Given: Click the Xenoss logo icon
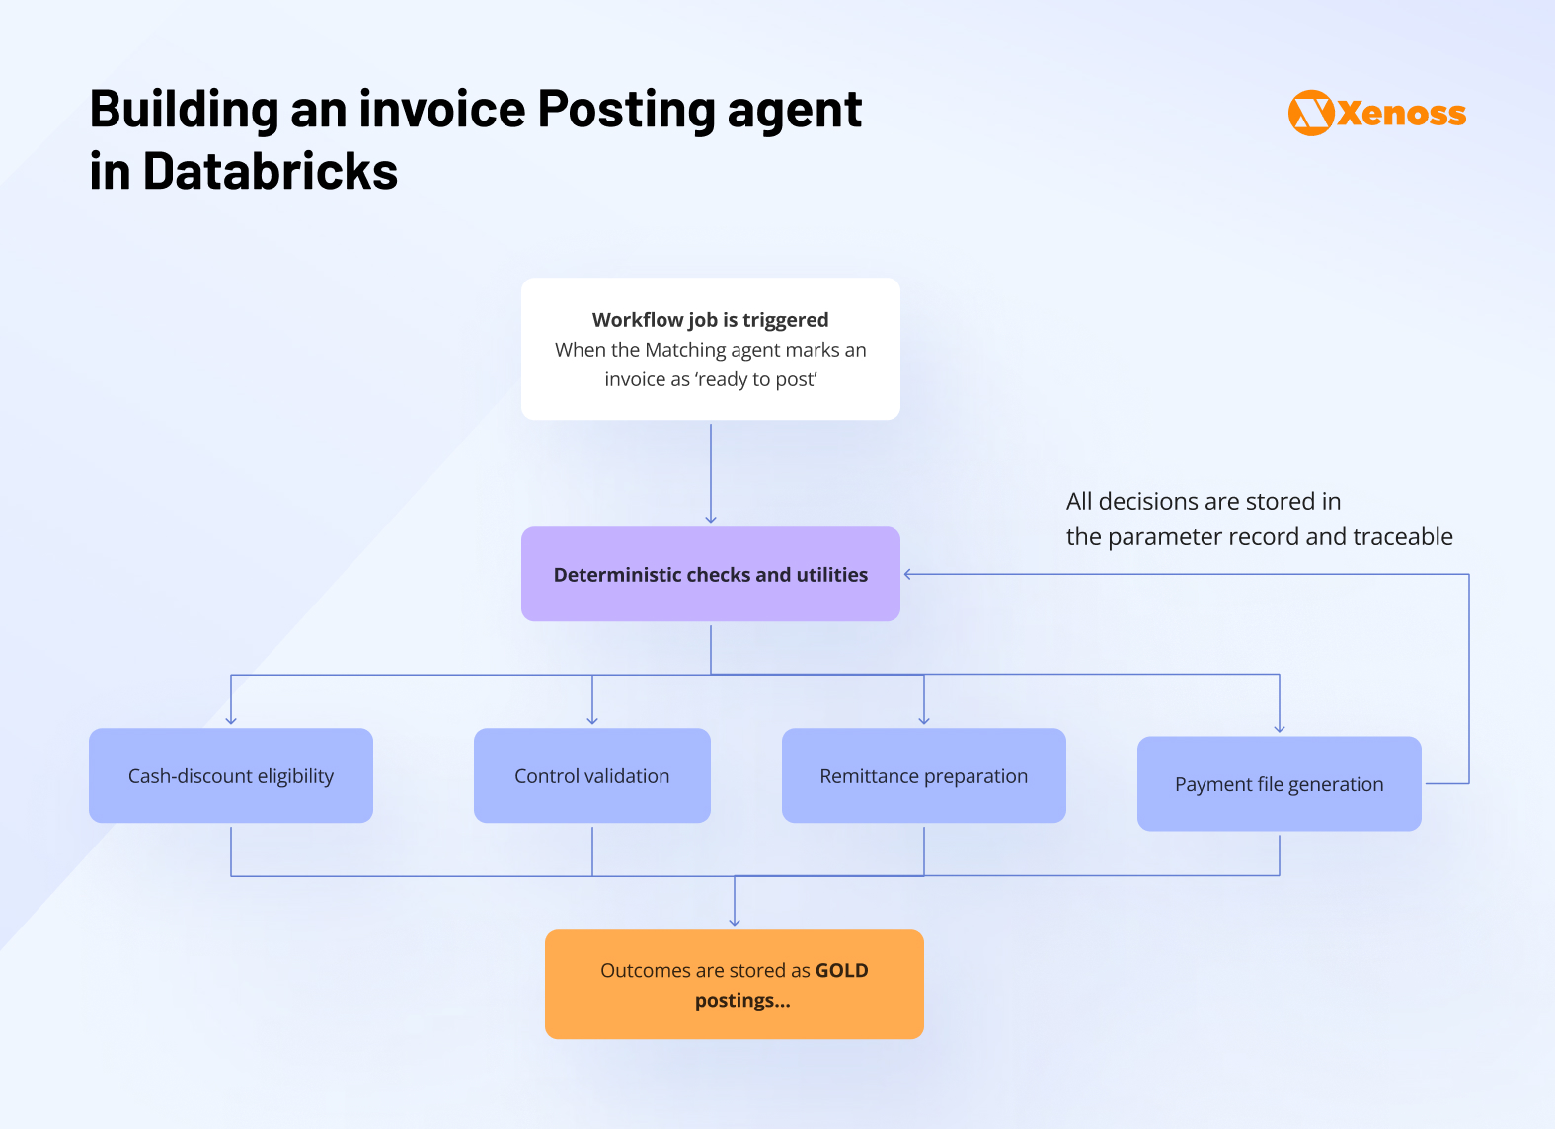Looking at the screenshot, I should click(1311, 113).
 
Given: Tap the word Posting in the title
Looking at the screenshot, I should click(625, 109).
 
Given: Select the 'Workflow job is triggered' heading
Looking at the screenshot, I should click(710, 320).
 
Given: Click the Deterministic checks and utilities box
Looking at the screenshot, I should click(710, 574).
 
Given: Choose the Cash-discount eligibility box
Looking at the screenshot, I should click(231, 776).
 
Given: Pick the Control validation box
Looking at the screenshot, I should click(591, 776).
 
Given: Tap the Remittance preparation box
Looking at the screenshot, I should click(923, 776).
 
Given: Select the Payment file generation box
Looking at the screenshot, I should click(1279, 784).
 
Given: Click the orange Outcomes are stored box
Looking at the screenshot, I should click(734, 984).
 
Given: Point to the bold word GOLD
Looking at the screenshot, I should click(841, 971).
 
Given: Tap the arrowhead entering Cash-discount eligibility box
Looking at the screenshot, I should click(231, 721).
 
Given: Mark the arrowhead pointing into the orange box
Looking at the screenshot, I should click(735, 922).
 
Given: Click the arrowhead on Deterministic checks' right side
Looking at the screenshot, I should click(908, 574).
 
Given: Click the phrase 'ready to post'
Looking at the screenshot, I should click(756, 380).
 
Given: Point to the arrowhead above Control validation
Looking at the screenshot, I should click(592, 721).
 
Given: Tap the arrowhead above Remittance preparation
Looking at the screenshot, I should click(924, 721).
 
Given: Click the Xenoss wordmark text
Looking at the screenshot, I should click(1402, 114).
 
